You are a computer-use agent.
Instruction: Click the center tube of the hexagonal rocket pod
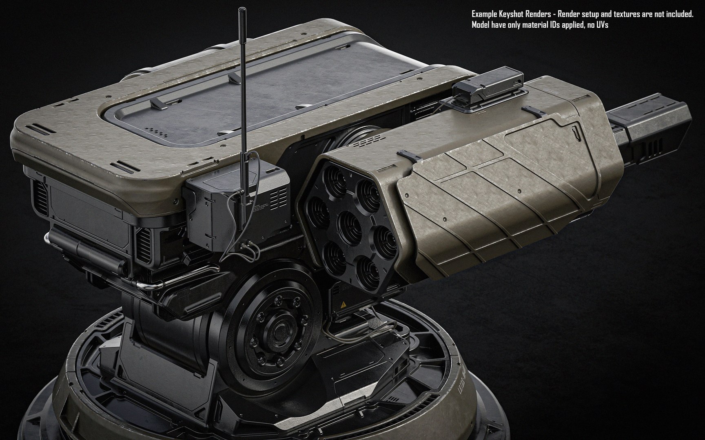348,223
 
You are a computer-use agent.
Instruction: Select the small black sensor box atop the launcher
488,84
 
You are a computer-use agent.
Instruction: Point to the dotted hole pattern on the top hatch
158,131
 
